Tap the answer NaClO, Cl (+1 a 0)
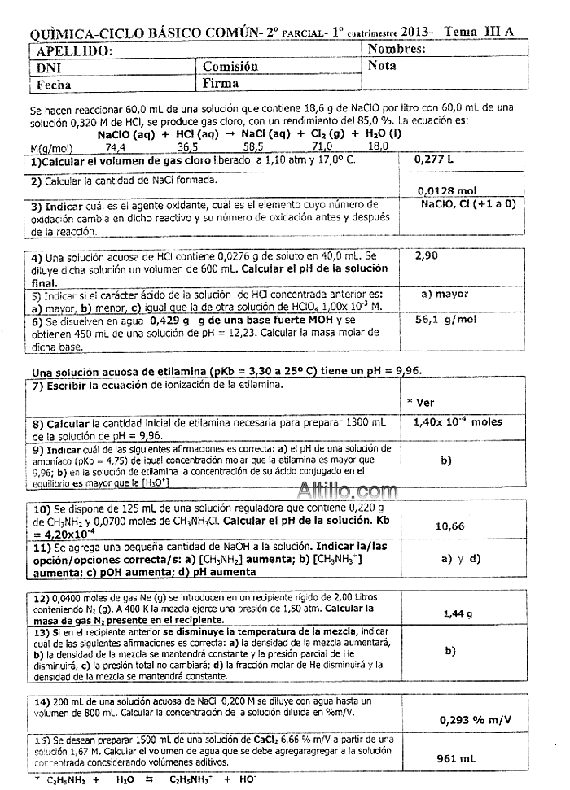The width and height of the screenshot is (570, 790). pos(468,204)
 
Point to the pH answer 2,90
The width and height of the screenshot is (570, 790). pos(427,255)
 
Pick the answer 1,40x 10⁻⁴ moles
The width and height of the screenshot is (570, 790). pos(458,421)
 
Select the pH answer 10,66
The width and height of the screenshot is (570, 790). pos(450,526)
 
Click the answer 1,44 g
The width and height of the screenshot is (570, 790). pos(458,613)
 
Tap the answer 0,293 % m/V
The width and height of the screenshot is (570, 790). pos(476,719)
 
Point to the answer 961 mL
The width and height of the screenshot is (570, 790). pos(456,758)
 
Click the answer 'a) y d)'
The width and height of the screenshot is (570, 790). pos(461,558)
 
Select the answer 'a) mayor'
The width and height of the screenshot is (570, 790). pos(445,294)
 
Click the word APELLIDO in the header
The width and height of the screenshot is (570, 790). pos(70,50)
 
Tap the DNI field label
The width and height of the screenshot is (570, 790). pos(49,68)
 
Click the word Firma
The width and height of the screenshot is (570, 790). pos(221,83)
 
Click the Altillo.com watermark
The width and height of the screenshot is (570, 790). pos(348,491)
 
